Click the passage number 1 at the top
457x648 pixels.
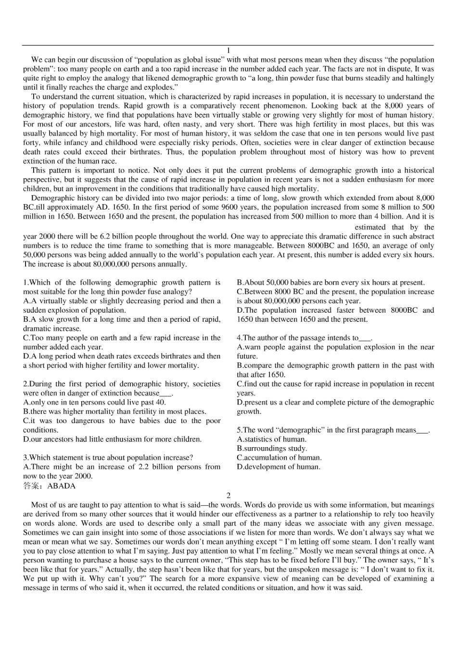click(x=228, y=51)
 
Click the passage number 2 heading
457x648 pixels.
click(x=228, y=495)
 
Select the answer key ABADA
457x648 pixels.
click(x=62, y=486)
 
